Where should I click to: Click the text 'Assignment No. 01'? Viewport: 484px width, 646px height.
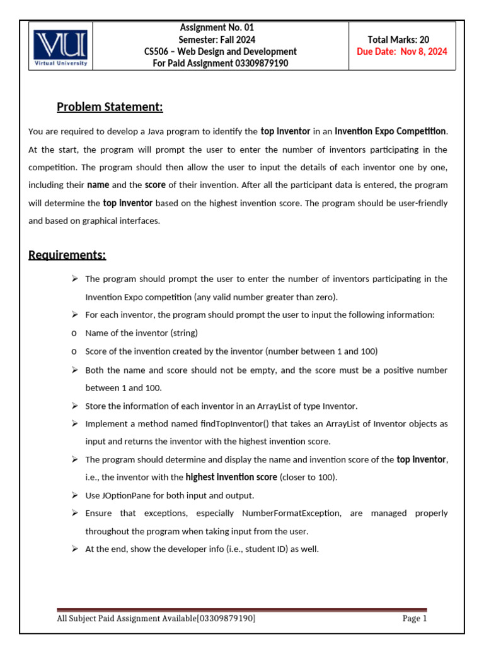pyautogui.click(x=217, y=28)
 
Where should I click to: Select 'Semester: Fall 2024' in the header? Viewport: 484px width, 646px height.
pyautogui.click(x=217, y=40)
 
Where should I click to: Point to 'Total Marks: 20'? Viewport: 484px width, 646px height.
pyautogui.click(x=402, y=40)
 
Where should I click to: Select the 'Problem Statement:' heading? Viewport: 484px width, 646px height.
pyautogui.click(x=110, y=107)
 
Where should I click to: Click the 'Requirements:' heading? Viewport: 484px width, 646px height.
pyautogui.click(x=67, y=255)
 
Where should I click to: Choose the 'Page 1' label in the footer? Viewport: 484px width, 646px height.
pyautogui.click(x=415, y=619)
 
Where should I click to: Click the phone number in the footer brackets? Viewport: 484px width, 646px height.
pyautogui.click(x=226, y=619)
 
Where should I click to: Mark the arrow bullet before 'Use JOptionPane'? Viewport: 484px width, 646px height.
pyautogui.click(x=74, y=495)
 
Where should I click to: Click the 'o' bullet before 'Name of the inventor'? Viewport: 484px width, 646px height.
pyautogui.click(x=74, y=333)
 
